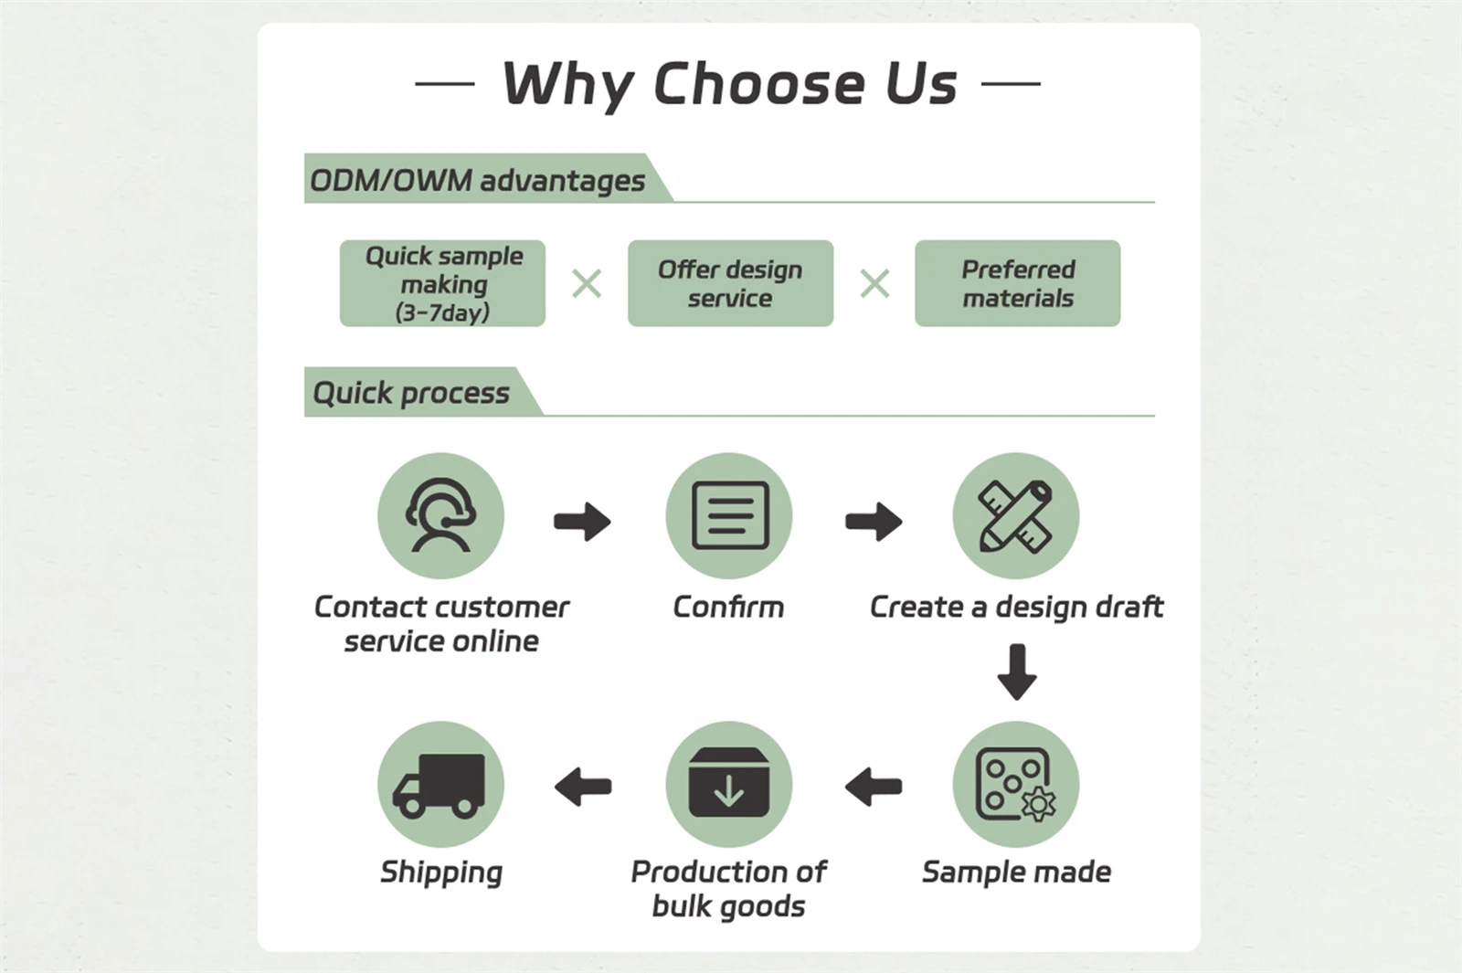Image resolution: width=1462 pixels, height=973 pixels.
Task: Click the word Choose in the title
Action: click(x=760, y=83)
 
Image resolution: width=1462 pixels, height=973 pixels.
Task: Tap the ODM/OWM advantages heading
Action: click(x=477, y=181)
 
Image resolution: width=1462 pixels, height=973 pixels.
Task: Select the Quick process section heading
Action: click(x=411, y=393)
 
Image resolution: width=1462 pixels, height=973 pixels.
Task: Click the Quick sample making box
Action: click(x=442, y=283)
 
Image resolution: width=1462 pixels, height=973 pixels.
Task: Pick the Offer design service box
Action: click(x=730, y=283)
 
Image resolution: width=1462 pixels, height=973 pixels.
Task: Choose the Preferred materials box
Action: click(x=1018, y=283)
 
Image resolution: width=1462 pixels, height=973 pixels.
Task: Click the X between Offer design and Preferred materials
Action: click(x=874, y=284)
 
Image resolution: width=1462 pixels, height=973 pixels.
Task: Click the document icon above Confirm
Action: click(x=730, y=515)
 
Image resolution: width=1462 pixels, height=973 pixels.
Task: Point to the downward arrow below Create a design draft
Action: click(x=1017, y=672)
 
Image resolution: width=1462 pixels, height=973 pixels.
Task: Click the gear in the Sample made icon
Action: click(x=1038, y=803)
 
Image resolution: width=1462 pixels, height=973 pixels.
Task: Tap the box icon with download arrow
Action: click(x=729, y=782)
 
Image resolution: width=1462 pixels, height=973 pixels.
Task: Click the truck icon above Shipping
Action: click(x=439, y=787)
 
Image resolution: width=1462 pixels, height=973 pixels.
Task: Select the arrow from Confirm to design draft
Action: click(x=874, y=522)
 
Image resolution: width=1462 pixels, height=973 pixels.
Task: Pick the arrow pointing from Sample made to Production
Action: click(x=874, y=787)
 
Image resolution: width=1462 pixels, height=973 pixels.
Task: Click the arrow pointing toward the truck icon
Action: click(x=583, y=787)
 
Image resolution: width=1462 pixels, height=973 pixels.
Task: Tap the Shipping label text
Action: click(x=441, y=873)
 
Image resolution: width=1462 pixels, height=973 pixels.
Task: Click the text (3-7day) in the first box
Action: click(x=442, y=312)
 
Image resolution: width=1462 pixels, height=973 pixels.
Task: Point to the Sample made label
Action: click(x=1016, y=872)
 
